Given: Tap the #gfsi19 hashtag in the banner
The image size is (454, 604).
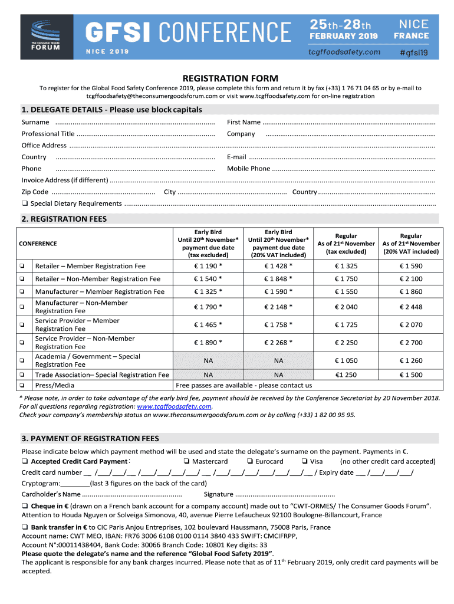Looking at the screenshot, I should click(x=413, y=52).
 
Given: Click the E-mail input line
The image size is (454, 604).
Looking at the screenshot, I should click(x=341, y=157).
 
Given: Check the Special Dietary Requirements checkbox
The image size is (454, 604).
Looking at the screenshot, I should click(x=25, y=204).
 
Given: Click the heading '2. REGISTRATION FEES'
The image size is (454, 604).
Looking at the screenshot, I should click(x=64, y=219).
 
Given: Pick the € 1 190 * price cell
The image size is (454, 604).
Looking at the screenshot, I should click(x=208, y=266).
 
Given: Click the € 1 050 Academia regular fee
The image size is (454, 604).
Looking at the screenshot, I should click(x=346, y=360).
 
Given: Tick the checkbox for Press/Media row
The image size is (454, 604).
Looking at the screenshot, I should click(x=21, y=386).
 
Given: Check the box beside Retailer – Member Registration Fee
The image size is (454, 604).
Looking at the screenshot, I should click(x=21, y=266).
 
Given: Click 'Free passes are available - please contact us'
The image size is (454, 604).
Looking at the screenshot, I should click(x=244, y=386).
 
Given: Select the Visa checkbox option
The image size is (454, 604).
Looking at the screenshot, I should click(x=304, y=462).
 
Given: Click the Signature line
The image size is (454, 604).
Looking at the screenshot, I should click(x=285, y=494).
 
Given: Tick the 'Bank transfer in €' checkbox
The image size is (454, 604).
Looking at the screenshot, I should click(x=25, y=527).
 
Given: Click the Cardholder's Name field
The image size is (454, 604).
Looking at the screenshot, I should click(x=132, y=494).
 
